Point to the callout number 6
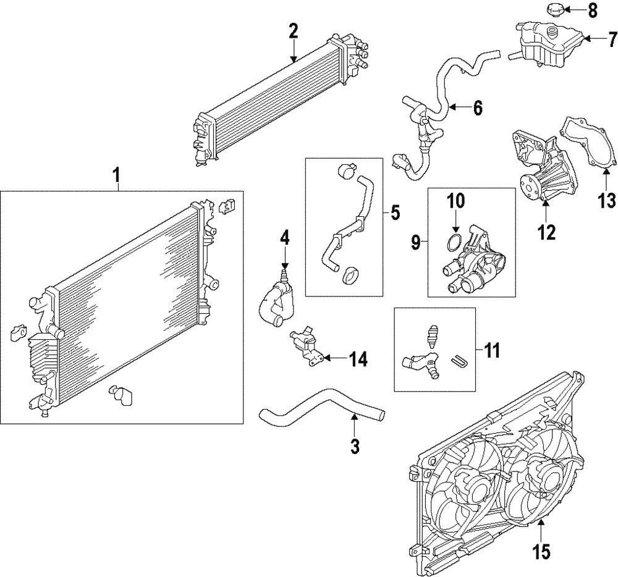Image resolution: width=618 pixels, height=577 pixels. pos(477,108)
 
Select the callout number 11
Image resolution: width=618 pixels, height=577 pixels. pos(492,352)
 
